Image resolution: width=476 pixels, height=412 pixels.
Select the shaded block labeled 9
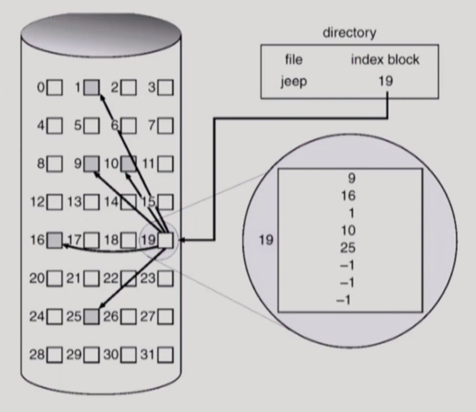point(92,164)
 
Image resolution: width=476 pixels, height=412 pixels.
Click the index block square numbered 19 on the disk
point(166,240)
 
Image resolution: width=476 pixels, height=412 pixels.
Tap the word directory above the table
point(349,33)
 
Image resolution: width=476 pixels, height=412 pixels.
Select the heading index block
point(385,60)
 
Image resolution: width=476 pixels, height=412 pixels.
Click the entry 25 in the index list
point(349,248)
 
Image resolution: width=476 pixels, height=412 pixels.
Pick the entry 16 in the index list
point(349,196)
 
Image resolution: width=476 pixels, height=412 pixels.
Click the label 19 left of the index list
point(266,240)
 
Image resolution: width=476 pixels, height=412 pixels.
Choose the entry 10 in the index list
point(349,231)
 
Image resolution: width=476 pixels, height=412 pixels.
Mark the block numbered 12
point(55,202)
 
